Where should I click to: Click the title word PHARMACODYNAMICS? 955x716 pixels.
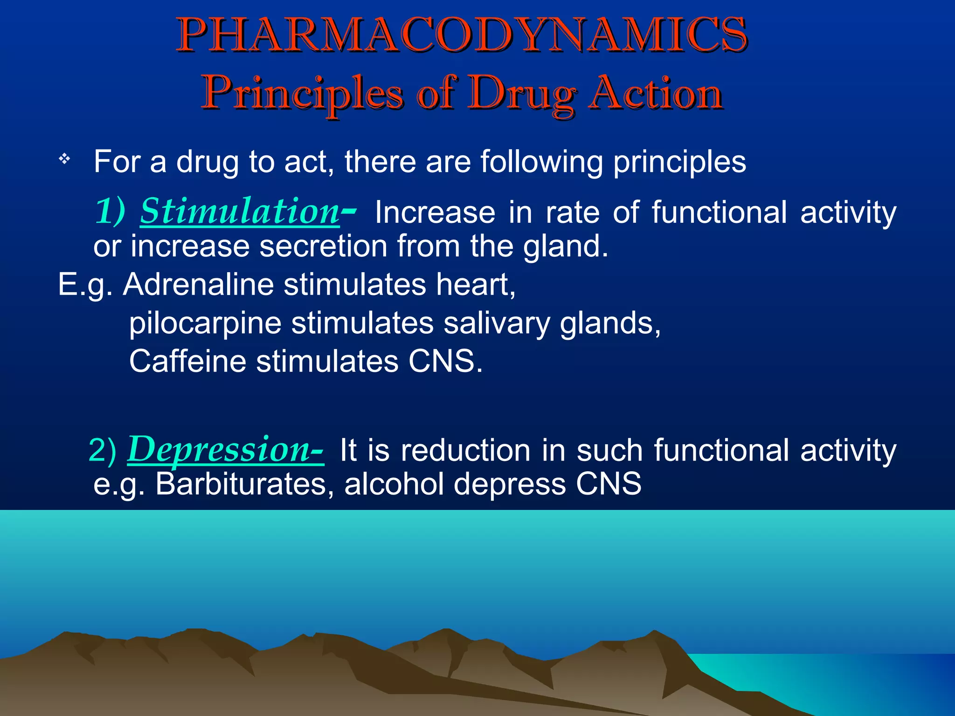[x=462, y=35]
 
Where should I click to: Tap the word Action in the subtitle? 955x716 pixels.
[x=656, y=94]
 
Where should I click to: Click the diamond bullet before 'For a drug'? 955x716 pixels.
[x=64, y=159]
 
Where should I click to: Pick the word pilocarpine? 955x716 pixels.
[x=205, y=323]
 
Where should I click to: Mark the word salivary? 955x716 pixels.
[x=497, y=323]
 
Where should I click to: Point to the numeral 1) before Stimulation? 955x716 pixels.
[x=110, y=211]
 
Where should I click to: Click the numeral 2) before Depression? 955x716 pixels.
[x=102, y=450]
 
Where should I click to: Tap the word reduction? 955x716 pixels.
[x=465, y=450]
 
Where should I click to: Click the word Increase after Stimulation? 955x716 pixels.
[x=435, y=212]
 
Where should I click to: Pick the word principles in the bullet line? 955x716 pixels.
[x=679, y=162]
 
